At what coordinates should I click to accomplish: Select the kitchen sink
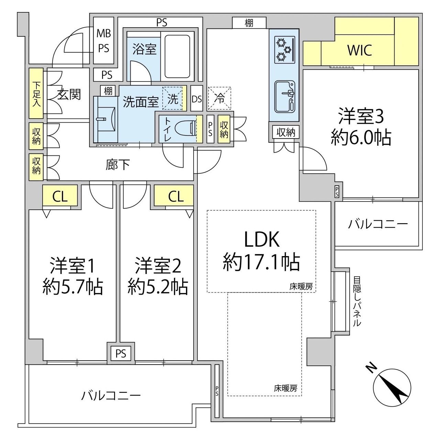285,97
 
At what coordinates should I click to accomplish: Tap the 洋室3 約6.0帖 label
361,127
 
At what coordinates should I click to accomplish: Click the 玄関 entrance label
69,94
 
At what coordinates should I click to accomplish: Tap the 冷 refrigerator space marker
219,98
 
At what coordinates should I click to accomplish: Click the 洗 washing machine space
173,99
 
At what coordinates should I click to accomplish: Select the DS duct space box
197,99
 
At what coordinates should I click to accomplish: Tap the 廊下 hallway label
118,165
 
